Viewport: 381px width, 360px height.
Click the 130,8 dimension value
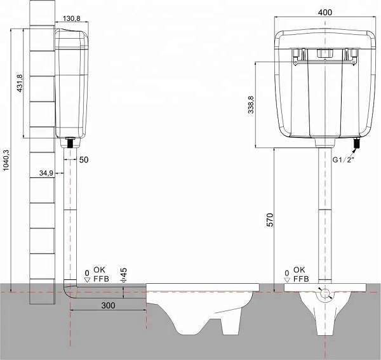tap(72, 18)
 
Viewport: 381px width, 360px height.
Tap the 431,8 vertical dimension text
tap(20, 83)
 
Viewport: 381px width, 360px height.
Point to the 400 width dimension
tap(325, 12)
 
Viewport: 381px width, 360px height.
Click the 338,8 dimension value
tap(251, 105)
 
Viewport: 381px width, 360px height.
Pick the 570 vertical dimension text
tap(270, 220)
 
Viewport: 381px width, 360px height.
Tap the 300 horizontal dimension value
tap(108, 305)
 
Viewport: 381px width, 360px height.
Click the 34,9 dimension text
tap(46, 173)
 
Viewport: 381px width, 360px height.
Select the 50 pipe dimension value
tap(84, 160)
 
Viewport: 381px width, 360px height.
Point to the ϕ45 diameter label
tap(124, 275)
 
